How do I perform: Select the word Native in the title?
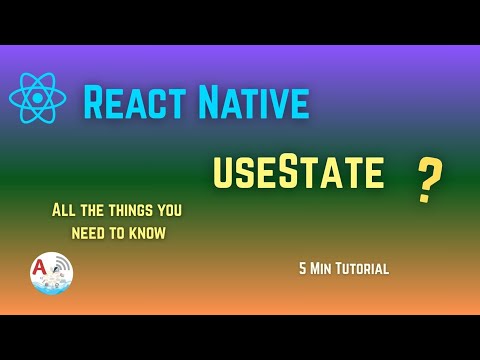pos(255,103)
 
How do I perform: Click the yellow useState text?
pos(298,172)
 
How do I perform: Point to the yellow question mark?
pos(430,180)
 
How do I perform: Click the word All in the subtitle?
pos(63,211)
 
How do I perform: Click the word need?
pos(88,233)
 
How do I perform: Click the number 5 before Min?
pos(301,268)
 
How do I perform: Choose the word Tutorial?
pos(363,268)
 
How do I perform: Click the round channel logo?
pos(51,273)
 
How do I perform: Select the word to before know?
pos(116,233)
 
